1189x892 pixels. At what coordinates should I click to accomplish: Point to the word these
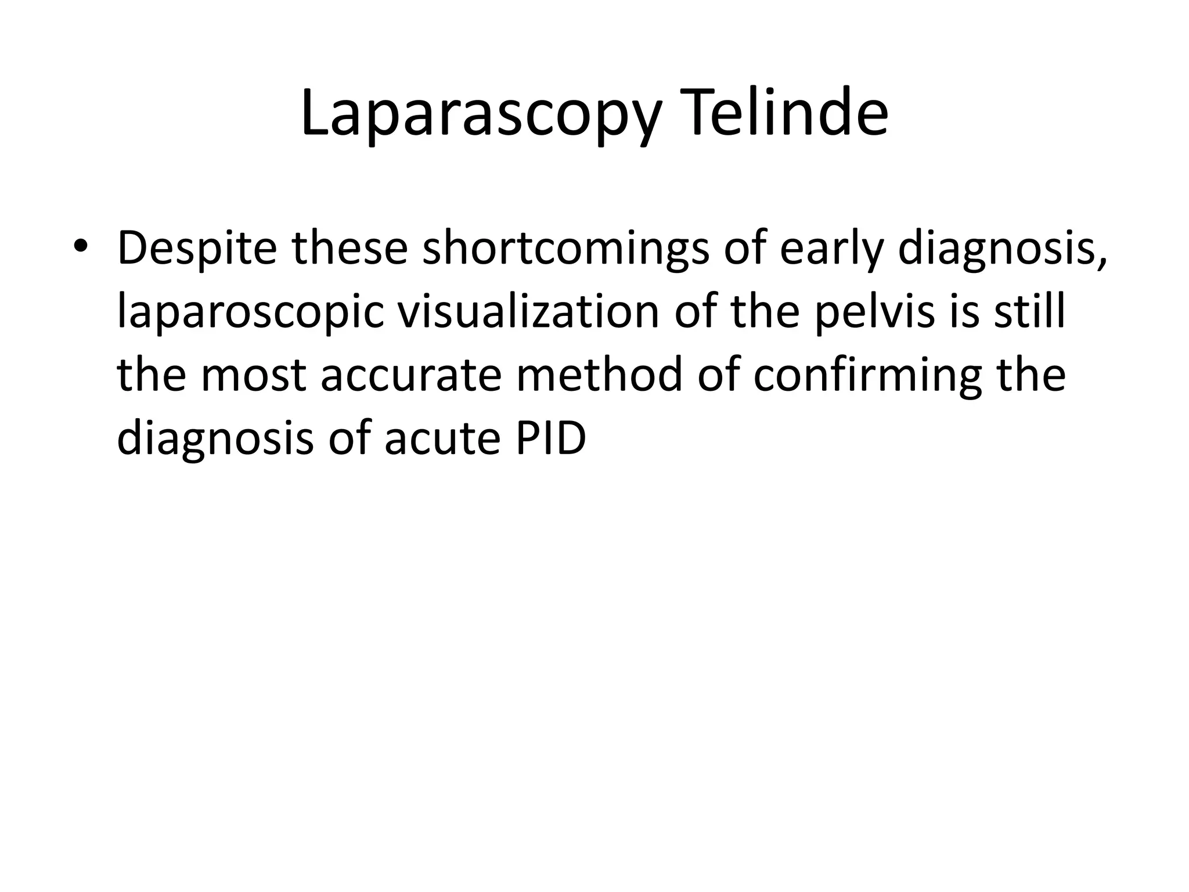(348, 247)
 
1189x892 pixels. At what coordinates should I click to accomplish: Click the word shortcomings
(565, 249)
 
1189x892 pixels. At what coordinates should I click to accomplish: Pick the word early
(831, 249)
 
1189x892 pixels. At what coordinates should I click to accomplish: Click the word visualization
(528, 311)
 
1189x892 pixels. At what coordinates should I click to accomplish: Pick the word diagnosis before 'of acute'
(214, 439)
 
